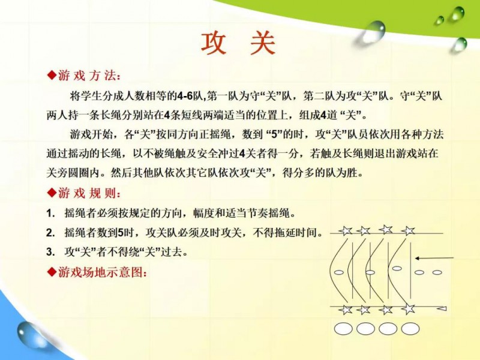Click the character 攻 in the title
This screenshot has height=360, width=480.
(214, 43)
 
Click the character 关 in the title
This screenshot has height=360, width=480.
(263, 43)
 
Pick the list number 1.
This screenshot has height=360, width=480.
(50, 214)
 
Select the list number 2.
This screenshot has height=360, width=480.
(50, 233)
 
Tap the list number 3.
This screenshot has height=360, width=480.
(50, 253)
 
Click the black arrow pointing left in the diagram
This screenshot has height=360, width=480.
(434, 259)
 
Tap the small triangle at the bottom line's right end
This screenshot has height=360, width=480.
(442, 308)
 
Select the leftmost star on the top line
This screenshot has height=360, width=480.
(346, 230)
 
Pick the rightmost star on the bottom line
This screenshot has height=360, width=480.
(409, 309)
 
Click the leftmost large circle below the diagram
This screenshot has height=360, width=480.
(343, 329)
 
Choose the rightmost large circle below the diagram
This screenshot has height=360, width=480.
(410, 329)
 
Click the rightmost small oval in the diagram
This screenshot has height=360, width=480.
(437, 272)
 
